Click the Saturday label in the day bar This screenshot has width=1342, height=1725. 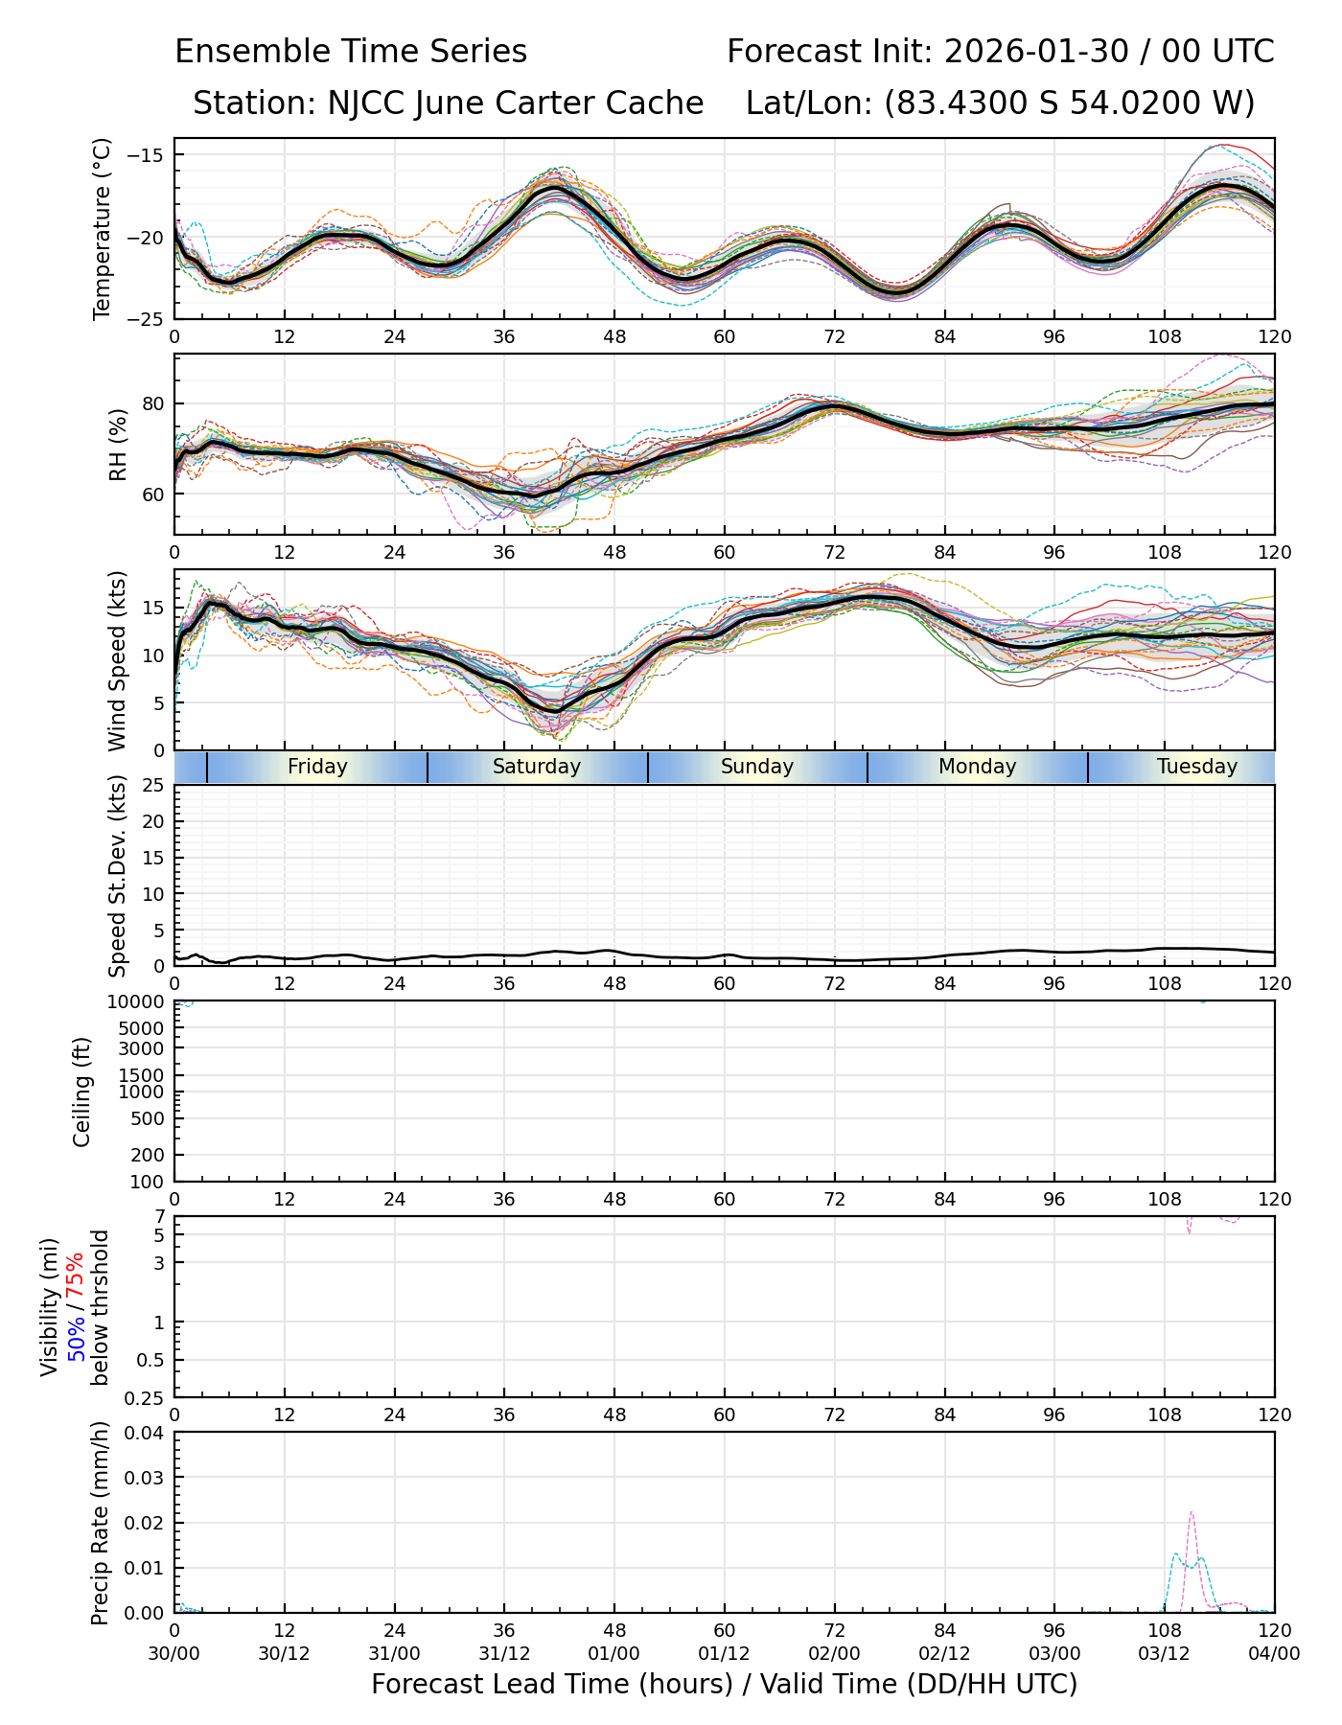[x=536, y=767]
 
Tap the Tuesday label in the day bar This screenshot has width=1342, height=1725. [x=1196, y=767]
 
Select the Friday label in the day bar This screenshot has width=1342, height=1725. [x=317, y=767]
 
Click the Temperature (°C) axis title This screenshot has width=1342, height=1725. [x=103, y=228]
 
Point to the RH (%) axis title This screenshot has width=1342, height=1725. [x=118, y=444]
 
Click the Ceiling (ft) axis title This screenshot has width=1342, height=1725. [x=82, y=1092]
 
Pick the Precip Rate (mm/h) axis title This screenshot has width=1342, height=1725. [x=101, y=1522]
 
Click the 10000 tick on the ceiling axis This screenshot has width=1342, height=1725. [x=141, y=1001]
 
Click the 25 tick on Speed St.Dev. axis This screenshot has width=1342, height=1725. [x=153, y=786]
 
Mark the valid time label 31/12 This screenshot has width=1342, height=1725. [x=504, y=1653]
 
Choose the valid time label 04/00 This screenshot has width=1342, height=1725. [x=1274, y=1653]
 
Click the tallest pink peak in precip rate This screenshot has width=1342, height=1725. [x=1191, y=1513]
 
